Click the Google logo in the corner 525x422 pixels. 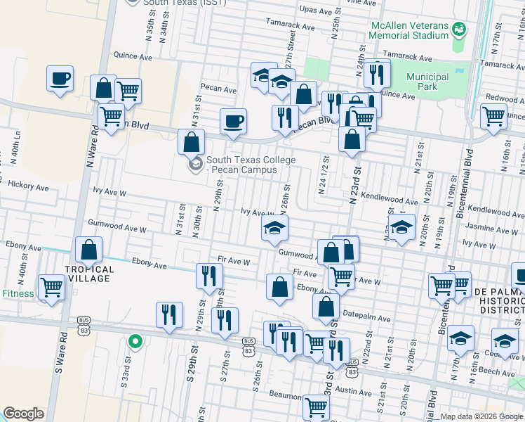point(24,414)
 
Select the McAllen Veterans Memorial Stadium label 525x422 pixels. point(409,30)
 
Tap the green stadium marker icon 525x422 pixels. point(459,30)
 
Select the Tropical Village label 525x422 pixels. point(89,274)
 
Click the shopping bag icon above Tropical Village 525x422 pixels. point(89,250)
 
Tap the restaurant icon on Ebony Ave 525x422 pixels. point(208,276)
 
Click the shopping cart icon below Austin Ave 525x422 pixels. point(317,407)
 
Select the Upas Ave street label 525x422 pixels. point(315,10)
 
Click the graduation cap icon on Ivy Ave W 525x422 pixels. point(275,228)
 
